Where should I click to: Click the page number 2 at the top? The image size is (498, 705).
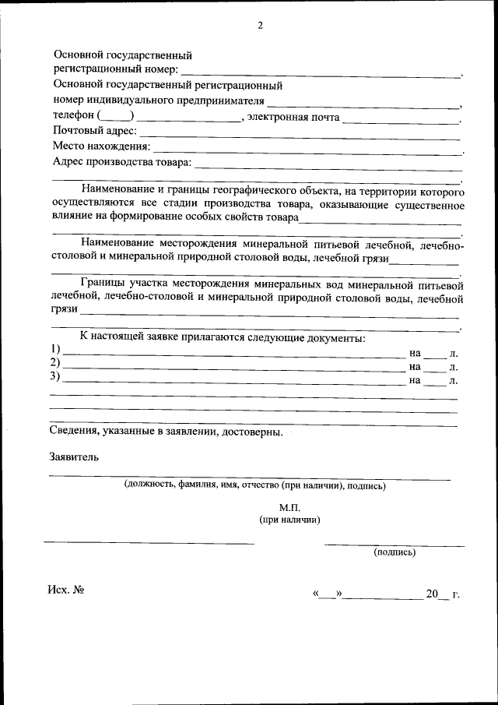pyautogui.click(x=261, y=25)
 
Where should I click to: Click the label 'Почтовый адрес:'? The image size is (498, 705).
pyautogui.click(x=94, y=131)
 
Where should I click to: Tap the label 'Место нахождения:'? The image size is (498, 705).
pyautogui.click(x=101, y=146)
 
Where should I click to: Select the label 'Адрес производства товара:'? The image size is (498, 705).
pyautogui.click(x=121, y=162)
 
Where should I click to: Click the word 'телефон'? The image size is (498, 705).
pyautogui.click(x=73, y=116)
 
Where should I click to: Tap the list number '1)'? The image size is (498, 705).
pyautogui.click(x=55, y=349)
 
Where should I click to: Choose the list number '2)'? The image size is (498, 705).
pyautogui.click(x=55, y=364)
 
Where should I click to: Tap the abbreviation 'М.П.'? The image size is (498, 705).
pyautogui.click(x=289, y=507)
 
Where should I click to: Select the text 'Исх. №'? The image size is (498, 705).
pyautogui.click(x=65, y=590)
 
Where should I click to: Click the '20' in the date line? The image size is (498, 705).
pyautogui.click(x=433, y=594)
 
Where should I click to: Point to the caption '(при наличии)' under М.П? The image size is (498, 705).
pyautogui.click(x=289, y=520)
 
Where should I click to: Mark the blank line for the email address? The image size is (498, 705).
pyautogui.click(x=400, y=120)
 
